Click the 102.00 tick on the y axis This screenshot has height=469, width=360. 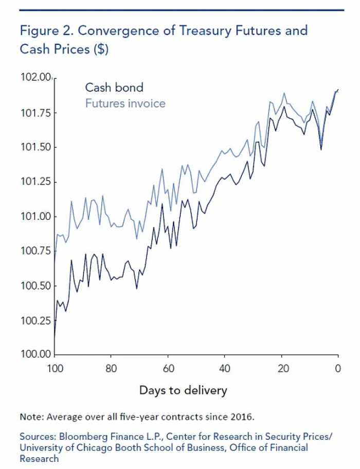[35, 78]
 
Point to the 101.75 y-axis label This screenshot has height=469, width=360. [35, 113]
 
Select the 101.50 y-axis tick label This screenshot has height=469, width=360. [35, 147]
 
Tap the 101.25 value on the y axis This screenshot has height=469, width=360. [35, 182]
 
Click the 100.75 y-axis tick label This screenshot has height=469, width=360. [35, 251]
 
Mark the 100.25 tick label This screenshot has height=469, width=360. [35, 320]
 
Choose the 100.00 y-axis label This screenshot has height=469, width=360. [35, 354]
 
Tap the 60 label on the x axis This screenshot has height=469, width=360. [168, 369]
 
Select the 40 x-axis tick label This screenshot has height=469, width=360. [224, 369]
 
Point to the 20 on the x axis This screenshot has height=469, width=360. [281, 369]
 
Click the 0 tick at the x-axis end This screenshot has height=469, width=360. [337, 369]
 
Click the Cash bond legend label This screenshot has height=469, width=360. [114, 88]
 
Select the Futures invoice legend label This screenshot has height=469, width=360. [125, 103]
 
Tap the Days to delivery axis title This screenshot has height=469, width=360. [183, 390]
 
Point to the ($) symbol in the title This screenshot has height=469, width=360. [103, 49]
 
